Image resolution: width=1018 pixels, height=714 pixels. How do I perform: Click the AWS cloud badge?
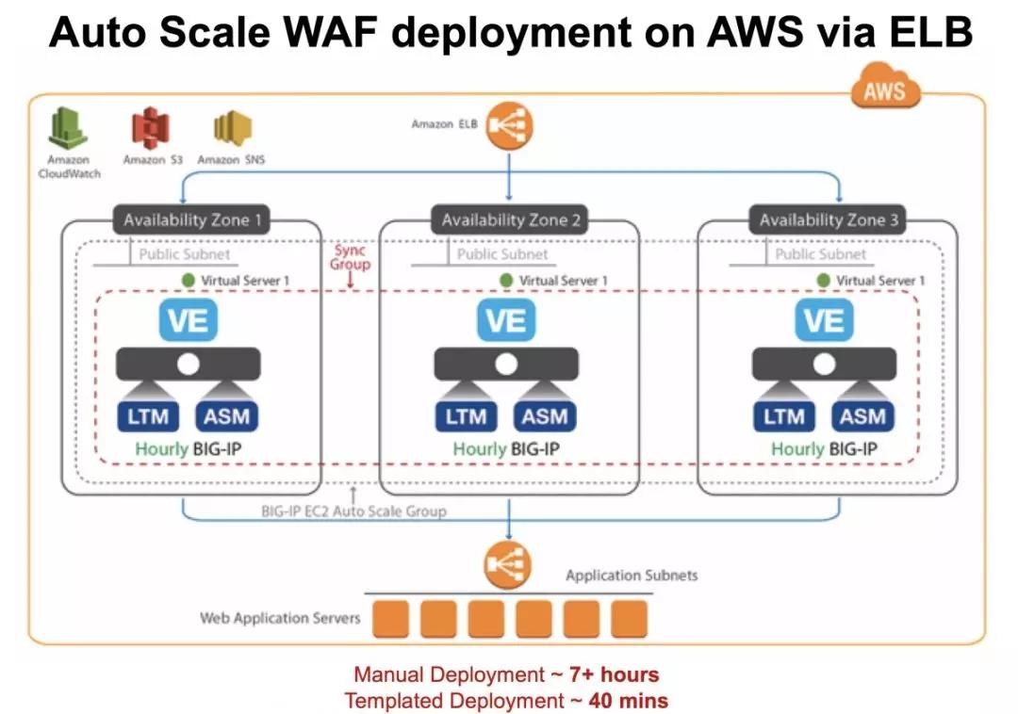click(x=884, y=90)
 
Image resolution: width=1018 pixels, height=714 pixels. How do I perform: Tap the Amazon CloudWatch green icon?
click(x=68, y=129)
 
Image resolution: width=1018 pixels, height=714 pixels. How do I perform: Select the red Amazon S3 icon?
click(x=150, y=129)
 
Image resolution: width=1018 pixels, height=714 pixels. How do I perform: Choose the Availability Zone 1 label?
click(x=191, y=220)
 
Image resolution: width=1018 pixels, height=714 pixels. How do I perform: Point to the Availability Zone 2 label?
click(x=509, y=220)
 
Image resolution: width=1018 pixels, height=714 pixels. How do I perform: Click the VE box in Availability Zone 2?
click(x=506, y=321)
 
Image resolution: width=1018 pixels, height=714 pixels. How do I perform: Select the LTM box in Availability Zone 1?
click(x=149, y=415)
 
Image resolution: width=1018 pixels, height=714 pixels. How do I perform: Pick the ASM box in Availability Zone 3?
click(x=862, y=415)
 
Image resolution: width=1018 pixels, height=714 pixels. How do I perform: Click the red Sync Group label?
click(x=350, y=257)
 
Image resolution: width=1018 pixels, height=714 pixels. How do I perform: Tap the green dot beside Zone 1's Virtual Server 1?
click(x=189, y=281)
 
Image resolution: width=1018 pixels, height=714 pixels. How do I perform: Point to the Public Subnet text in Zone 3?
click(x=820, y=254)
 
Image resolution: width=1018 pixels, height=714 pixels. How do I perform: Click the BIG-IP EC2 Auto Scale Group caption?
click(x=353, y=511)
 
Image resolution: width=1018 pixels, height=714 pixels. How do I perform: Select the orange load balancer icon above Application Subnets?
click(x=507, y=566)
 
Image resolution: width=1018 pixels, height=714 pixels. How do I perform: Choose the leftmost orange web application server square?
click(x=390, y=619)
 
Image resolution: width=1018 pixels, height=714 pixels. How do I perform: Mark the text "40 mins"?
click(x=629, y=700)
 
